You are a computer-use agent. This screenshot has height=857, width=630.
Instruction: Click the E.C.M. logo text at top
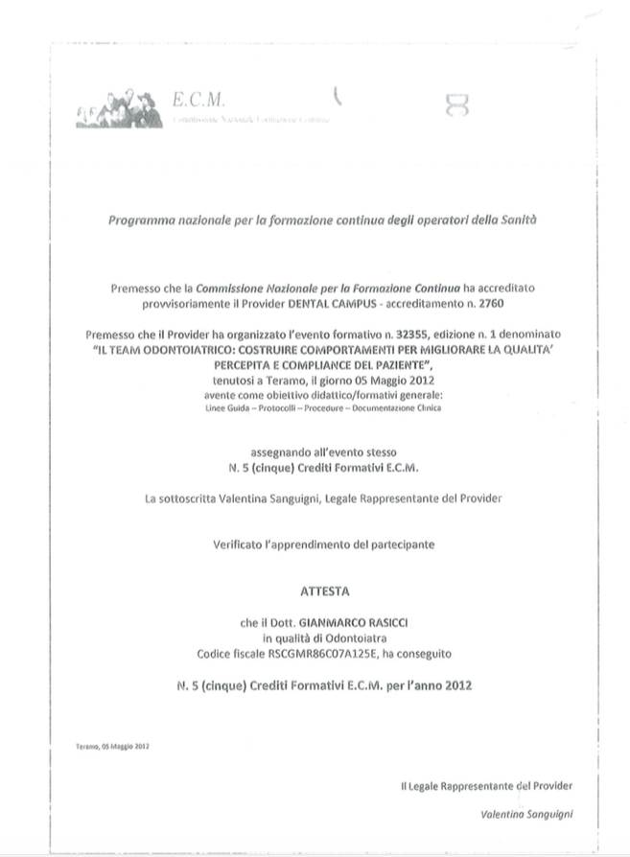[x=198, y=100]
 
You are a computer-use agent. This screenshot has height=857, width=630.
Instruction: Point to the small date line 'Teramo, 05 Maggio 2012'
[x=111, y=746]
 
